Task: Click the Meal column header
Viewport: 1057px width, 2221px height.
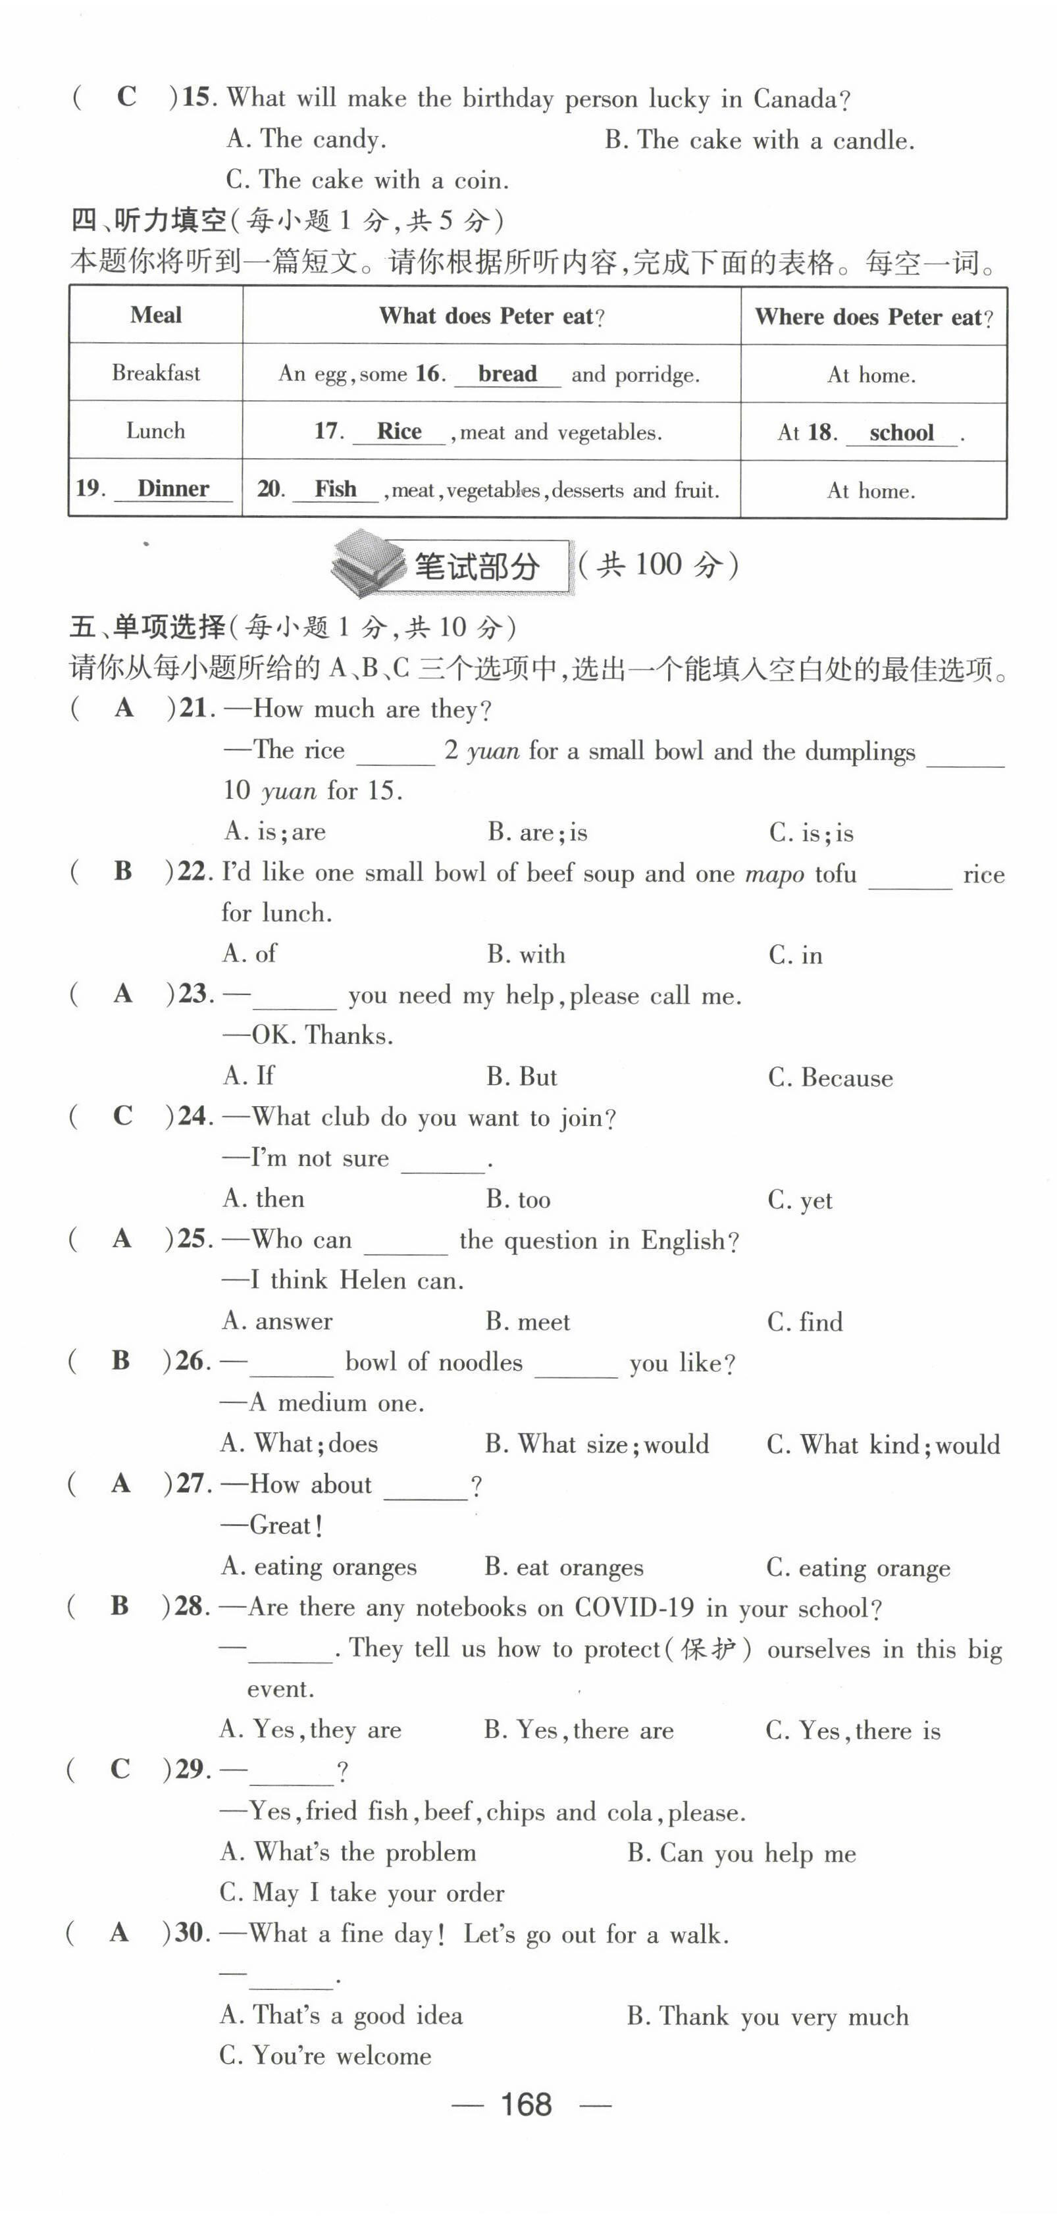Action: pos(156,316)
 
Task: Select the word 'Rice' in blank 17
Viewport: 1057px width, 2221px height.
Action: pos(400,432)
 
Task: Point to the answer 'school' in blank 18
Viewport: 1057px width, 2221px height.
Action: pos(901,433)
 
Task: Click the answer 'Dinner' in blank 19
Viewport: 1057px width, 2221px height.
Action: pos(173,489)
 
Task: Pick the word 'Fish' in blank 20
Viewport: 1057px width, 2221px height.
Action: pos(336,490)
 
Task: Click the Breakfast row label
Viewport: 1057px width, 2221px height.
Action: pos(156,373)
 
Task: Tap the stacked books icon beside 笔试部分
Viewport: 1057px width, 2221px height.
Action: pos(368,565)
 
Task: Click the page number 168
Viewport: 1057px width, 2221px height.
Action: pos(527,2105)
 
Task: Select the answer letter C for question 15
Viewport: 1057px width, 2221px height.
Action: pos(127,97)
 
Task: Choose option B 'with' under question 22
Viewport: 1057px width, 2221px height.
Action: pos(526,954)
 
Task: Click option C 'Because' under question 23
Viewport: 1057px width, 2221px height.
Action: pos(830,1078)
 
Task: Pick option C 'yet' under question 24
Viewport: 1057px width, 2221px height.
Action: pos(800,1200)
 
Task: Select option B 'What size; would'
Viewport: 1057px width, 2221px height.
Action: pos(596,1444)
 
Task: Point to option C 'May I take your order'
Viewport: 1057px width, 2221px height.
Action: pos(362,1893)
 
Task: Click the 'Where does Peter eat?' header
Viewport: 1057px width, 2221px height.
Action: pos(873,317)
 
